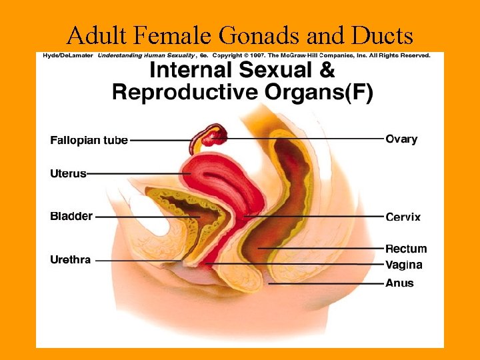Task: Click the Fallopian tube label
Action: tap(89, 141)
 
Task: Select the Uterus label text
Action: tap(68, 173)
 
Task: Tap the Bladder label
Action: tap(71, 217)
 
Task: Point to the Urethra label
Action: tap(70, 259)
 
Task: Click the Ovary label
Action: tap(401, 139)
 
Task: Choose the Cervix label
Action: tap(403, 217)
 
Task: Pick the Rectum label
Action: tap(406, 249)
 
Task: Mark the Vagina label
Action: tap(403, 265)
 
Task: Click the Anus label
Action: tap(399, 283)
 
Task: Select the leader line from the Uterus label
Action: tap(140, 173)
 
